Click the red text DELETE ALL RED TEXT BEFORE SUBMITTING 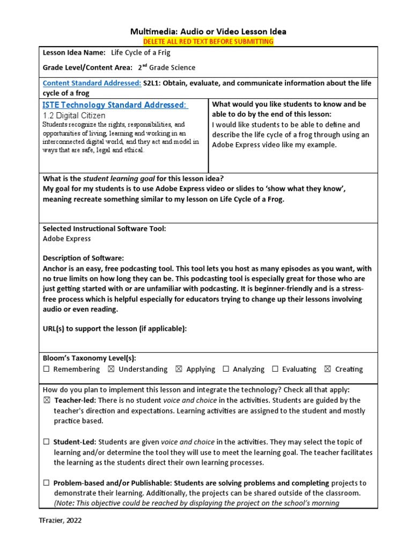pyautogui.click(x=208, y=41)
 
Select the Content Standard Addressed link pyautogui.click(x=92, y=83)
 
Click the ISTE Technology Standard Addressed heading pyautogui.click(x=115, y=105)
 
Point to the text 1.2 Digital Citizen pyautogui.click(x=73, y=115)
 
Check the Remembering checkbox pyautogui.click(x=46, y=369)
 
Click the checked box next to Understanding pyautogui.click(x=111, y=369)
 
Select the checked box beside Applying pyautogui.click(x=179, y=369)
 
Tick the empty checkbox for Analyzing pyautogui.click(x=226, y=369)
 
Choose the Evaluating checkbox pyautogui.click(x=275, y=369)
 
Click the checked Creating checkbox pyautogui.click(x=327, y=369)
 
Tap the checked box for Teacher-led pyautogui.click(x=46, y=401)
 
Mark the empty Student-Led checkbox pyautogui.click(x=46, y=442)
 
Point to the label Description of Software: pyautogui.click(x=83, y=258)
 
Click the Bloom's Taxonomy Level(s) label pyautogui.click(x=85, y=358)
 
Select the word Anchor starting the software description pyautogui.click(x=55, y=268)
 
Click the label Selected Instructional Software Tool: pyautogui.click(x=104, y=228)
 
